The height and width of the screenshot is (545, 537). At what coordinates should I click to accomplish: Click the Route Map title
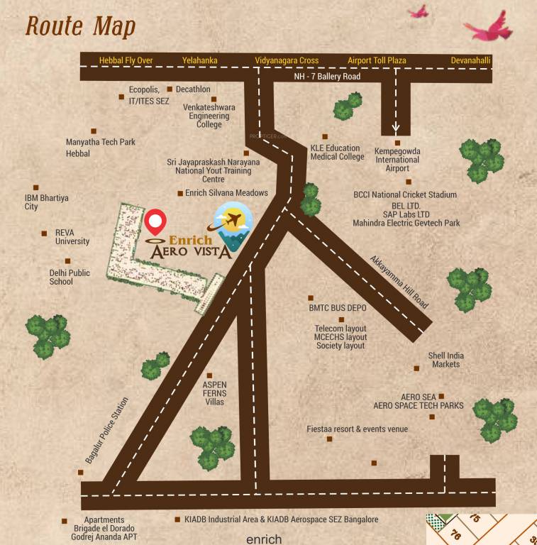point(80,26)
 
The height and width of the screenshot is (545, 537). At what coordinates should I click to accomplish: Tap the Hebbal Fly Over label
point(126,60)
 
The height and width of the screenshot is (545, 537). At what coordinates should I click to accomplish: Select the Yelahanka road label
point(199,60)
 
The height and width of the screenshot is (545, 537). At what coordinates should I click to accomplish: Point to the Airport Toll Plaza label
point(377,60)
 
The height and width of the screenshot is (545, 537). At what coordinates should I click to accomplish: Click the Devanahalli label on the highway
point(470,60)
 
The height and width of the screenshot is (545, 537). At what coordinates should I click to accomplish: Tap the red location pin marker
point(155,221)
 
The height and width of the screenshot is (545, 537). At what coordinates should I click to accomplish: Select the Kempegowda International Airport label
point(397,160)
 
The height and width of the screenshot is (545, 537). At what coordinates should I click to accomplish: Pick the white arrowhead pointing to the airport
point(396,128)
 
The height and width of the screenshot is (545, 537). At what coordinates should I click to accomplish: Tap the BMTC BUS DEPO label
point(338,309)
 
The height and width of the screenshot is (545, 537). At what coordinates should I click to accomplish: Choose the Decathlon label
point(193,89)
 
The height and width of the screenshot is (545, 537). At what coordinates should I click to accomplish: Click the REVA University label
point(72,236)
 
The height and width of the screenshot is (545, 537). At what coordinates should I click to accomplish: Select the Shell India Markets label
point(446,360)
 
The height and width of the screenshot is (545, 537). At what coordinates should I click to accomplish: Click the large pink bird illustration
point(489,27)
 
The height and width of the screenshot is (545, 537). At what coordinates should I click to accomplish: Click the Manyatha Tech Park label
point(101,142)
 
